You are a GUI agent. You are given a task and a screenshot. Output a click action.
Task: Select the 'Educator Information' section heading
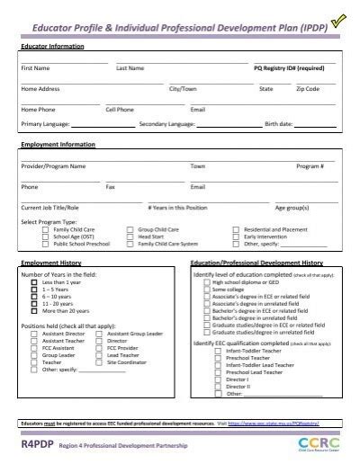(52, 45)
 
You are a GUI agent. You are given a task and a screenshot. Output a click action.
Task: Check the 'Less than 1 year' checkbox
(34, 282)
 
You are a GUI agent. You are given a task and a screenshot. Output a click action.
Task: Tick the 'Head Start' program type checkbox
(130, 236)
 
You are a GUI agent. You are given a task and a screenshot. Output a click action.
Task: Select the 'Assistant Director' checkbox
(34, 333)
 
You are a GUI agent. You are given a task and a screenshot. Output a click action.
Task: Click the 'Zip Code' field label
(307, 89)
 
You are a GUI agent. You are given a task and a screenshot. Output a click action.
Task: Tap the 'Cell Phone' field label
(119, 110)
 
